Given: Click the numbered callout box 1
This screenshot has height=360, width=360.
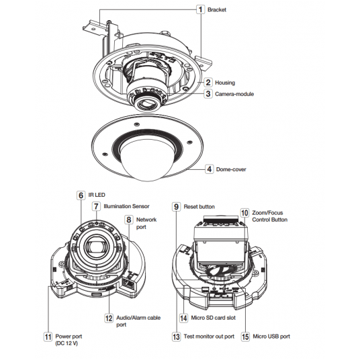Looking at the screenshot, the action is pyautogui.click(x=200, y=9).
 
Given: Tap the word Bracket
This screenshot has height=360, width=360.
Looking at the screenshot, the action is pyautogui.click(x=217, y=9).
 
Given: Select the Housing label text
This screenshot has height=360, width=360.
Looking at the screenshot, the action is pyautogui.click(x=225, y=83).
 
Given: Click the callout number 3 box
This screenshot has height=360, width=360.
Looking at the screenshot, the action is pyautogui.click(x=208, y=93).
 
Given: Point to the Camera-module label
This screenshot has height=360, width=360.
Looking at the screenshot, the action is pyautogui.click(x=234, y=94).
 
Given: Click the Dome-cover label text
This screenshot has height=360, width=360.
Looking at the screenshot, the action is pyautogui.click(x=231, y=169).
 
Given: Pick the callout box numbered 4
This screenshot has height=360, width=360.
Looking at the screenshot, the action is pyautogui.click(x=209, y=169).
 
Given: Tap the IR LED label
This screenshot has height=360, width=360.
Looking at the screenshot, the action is pyautogui.click(x=97, y=195).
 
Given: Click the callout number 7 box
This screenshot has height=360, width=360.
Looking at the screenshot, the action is pyautogui.click(x=96, y=206).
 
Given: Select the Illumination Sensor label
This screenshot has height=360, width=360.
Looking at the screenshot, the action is pyautogui.click(x=126, y=206).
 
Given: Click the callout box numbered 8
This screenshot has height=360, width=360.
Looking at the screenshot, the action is pyautogui.click(x=129, y=220).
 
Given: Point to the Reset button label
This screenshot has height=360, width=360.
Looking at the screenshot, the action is pyautogui.click(x=199, y=207).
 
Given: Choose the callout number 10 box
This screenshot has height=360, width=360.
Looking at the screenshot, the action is pyautogui.click(x=244, y=213).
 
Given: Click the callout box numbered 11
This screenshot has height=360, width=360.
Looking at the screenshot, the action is pyautogui.click(x=48, y=336).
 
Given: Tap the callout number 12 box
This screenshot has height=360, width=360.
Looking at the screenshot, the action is pyautogui.click(x=109, y=318).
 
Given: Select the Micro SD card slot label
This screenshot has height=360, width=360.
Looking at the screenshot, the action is pyautogui.click(x=214, y=318).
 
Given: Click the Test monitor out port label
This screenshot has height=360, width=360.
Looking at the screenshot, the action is pyautogui.click(x=209, y=336).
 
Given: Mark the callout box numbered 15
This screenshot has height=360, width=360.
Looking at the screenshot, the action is pyautogui.click(x=245, y=336).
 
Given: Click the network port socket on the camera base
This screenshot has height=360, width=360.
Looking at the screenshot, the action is pyautogui.click(x=130, y=283).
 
